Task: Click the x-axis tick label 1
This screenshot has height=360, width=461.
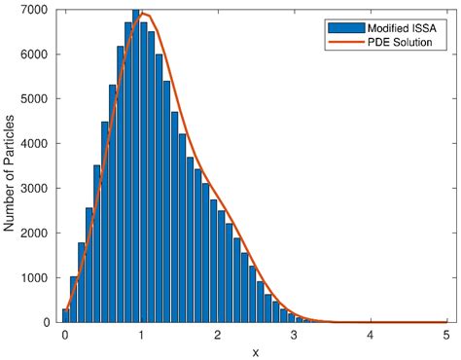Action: click(141, 335)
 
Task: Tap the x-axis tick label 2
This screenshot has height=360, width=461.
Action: click(218, 335)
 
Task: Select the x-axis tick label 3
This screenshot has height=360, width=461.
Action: click(294, 335)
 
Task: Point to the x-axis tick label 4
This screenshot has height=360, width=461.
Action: click(371, 335)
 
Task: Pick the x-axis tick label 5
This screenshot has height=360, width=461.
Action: click(446, 335)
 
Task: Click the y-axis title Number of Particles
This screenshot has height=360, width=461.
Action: click(11, 165)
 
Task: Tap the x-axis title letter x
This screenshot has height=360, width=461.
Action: click(256, 351)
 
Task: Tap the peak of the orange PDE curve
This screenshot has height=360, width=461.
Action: click(145, 14)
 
